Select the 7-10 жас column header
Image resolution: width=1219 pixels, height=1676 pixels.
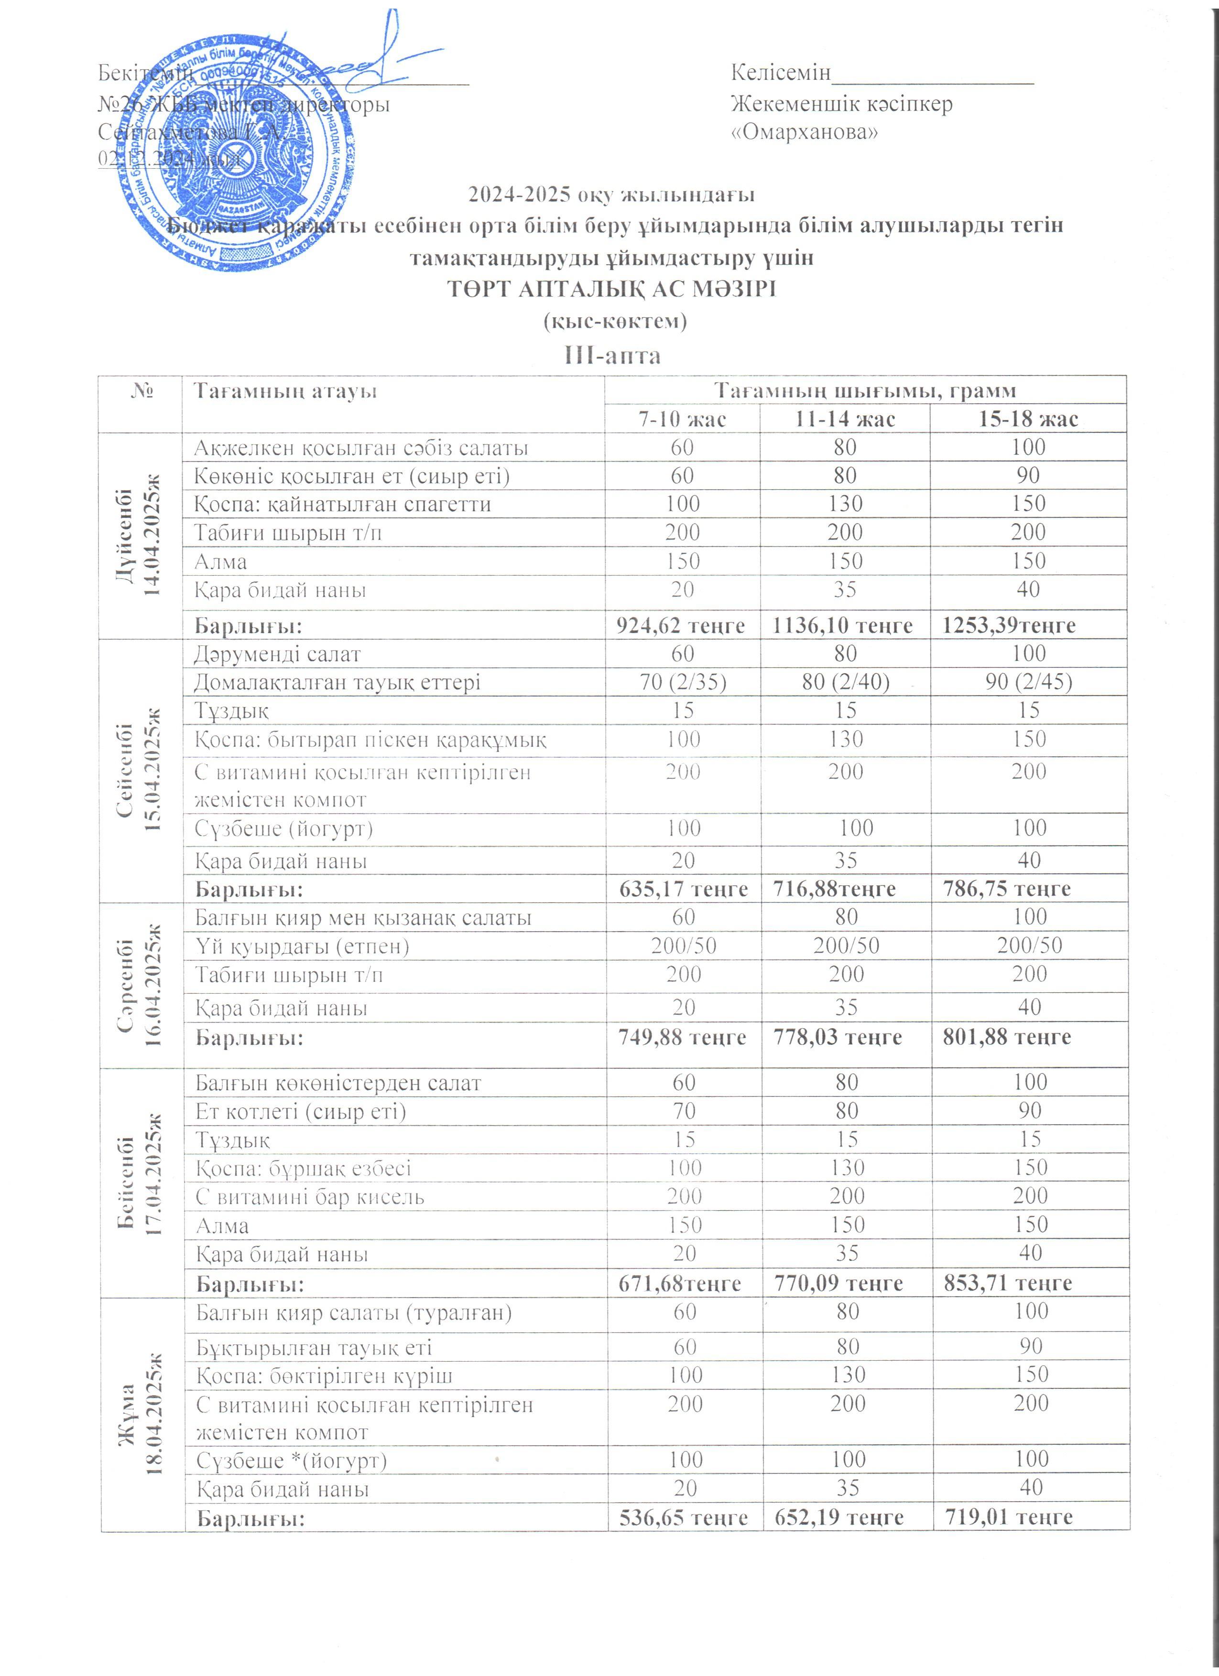[x=682, y=419]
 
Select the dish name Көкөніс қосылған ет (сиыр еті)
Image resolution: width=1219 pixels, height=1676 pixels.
[x=352, y=475]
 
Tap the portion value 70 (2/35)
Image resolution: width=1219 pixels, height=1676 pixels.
[x=682, y=681]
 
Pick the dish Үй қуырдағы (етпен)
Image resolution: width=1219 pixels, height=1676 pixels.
[x=302, y=946]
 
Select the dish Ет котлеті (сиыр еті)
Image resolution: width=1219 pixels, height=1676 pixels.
[x=300, y=1111]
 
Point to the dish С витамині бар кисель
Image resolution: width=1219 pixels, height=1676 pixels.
[x=310, y=1196]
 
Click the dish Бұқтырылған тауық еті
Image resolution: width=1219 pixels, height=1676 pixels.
[x=314, y=1347]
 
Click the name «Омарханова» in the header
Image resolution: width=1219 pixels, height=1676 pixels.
[x=804, y=133]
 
